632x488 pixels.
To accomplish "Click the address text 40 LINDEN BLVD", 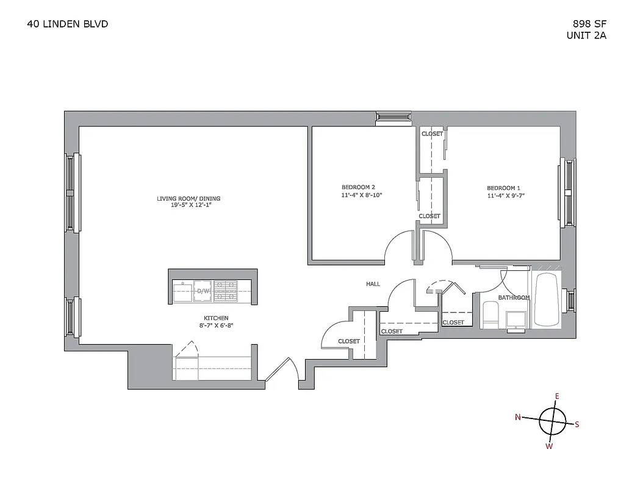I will point(68,24).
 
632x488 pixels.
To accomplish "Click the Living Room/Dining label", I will point(188,198).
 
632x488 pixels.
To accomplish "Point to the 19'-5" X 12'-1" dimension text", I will point(188,206).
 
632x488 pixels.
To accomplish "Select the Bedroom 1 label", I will point(503,188).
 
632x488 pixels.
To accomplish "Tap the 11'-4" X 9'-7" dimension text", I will point(505,196).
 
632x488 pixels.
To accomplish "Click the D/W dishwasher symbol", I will point(202,291).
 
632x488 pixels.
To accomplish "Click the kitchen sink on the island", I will point(183,291).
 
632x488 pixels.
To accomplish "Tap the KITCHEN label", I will point(216,318).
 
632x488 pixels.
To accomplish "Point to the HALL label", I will point(373,284).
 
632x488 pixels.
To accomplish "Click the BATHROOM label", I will point(514,298).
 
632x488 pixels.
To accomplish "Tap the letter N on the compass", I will point(518,417).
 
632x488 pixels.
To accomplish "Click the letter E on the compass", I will point(556,396).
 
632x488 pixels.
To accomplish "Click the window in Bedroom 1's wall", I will point(569,192).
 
